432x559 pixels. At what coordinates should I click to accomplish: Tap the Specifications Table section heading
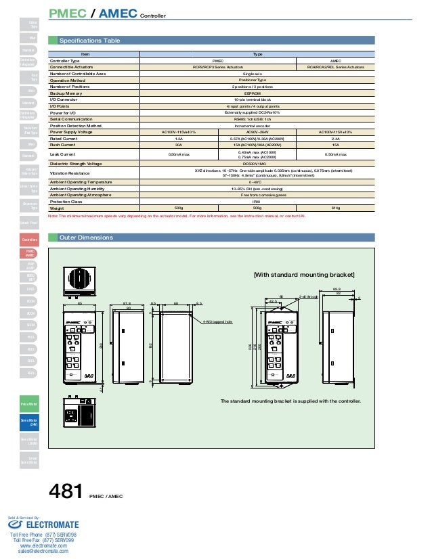tap(90, 41)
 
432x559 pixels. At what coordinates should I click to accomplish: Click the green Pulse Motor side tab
tap(30, 403)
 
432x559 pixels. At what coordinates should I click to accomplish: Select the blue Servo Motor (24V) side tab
tap(30, 423)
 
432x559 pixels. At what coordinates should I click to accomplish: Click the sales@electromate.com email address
tap(43, 552)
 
